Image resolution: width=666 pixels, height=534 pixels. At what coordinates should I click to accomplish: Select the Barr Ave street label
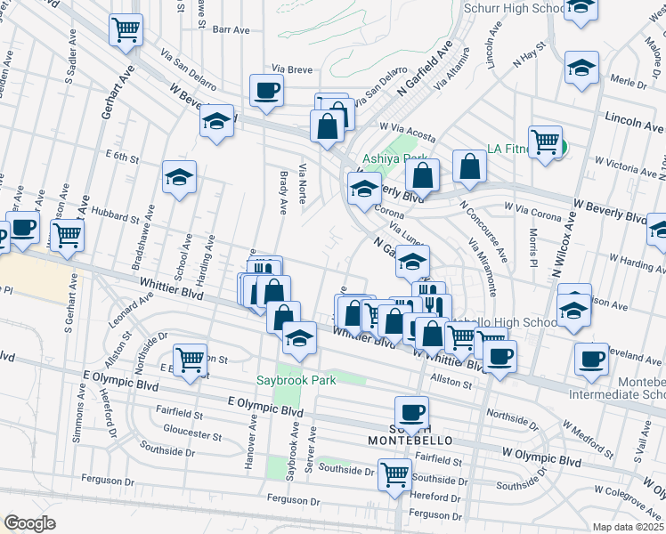point(231,29)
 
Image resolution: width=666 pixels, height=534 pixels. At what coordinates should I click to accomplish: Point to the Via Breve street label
point(291,69)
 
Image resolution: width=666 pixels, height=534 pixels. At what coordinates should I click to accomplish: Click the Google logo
point(29,523)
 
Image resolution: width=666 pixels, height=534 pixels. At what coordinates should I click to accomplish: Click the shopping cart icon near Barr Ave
point(126,29)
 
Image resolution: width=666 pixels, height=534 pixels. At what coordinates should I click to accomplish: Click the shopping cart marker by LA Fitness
point(545,141)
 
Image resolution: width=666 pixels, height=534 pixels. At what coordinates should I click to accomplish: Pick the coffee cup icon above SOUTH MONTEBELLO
point(411,412)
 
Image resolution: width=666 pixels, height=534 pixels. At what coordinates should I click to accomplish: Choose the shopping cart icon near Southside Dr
point(394,473)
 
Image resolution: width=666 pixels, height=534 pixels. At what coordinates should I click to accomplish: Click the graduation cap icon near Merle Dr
point(581,67)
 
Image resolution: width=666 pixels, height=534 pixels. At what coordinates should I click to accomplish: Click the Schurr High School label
point(514,8)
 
